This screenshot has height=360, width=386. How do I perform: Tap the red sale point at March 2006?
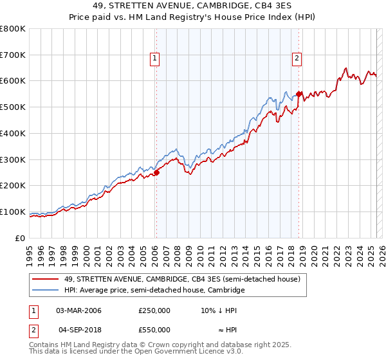coord(156,172)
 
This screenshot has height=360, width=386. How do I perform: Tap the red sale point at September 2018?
coord(299,94)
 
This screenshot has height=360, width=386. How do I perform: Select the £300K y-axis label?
coord(13,159)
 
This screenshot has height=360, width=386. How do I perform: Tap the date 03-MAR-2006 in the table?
coord(78,310)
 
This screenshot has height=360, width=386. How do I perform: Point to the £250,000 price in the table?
coord(154,310)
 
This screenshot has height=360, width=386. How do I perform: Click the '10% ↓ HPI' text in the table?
coord(219,310)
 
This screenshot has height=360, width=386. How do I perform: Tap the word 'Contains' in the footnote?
coord(45,345)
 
